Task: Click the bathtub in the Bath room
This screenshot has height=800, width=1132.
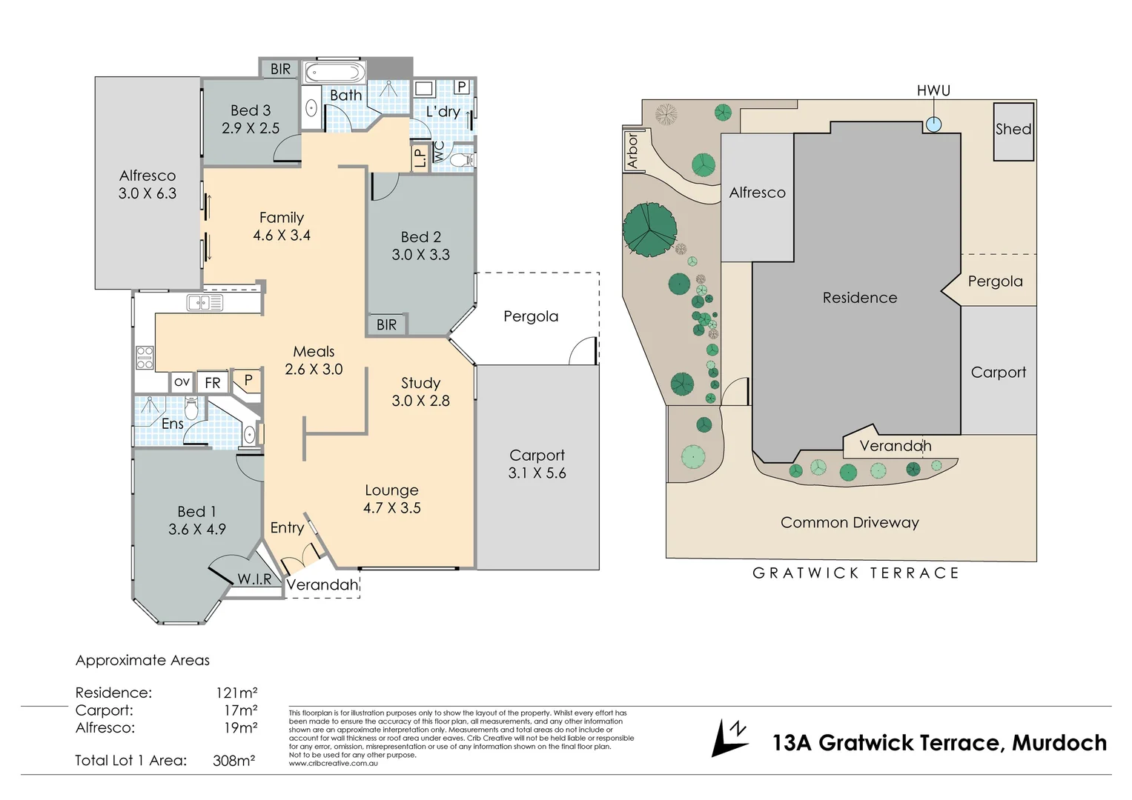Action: tap(335, 73)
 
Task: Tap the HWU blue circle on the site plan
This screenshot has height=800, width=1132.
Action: tap(933, 124)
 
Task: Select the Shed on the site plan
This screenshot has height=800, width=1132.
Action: tap(1013, 132)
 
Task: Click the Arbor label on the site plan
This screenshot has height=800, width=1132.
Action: tap(632, 150)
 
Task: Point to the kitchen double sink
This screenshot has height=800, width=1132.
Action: tap(205, 302)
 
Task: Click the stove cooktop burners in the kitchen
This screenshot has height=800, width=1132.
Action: tap(145, 358)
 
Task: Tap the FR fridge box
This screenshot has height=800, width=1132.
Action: tap(213, 383)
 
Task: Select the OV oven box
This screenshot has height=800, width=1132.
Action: tap(182, 381)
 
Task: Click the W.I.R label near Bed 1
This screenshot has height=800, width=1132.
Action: tap(254, 579)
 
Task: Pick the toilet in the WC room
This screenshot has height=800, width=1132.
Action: tap(461, 160)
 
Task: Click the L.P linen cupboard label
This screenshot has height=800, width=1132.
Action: tap(420, 158)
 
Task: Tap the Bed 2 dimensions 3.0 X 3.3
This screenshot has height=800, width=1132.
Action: tap(420, 255)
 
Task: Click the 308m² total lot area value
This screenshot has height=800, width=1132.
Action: tap(234, 760)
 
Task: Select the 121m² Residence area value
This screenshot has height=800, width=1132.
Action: tap(236, 693)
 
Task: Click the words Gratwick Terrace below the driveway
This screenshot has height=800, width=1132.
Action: tap(855, 573)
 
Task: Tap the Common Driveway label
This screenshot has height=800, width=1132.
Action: tap(850, 522)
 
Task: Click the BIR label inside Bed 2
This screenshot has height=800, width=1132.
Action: tap(386, 324)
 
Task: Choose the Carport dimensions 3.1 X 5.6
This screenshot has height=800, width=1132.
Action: tap(537, 473)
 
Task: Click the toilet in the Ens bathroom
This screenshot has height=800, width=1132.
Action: tap(191, 408)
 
